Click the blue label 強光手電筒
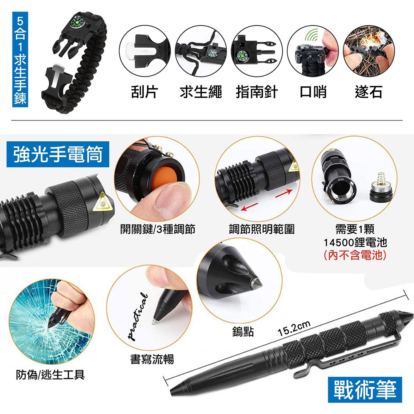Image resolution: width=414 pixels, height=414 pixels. [x=58, y=154]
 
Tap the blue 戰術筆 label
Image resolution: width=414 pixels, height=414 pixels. [x=365, y=390]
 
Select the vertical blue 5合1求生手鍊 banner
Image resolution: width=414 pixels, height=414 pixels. [x=20, y=59]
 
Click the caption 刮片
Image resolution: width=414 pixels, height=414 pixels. [x=144, y=92]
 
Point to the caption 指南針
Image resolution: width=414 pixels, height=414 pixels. [x=257, y=92]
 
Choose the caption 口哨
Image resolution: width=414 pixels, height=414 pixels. [x=313, y=92]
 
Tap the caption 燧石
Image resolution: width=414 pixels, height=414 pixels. [x=368, y=92]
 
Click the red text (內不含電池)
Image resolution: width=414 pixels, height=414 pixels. [x=355, y=255]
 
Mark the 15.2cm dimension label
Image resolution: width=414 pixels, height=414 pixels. [x=294, y=328]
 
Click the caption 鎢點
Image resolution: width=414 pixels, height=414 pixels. [x=243, y=331]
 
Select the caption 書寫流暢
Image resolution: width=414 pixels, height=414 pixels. [x=152, y=359]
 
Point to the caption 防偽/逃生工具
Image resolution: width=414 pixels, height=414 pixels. [x=50, y=375]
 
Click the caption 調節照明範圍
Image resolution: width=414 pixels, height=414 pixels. [x=261, y=229]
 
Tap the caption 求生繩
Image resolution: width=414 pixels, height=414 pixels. [x=201, y=92]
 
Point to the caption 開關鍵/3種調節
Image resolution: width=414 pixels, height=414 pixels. [x=158, y=229]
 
